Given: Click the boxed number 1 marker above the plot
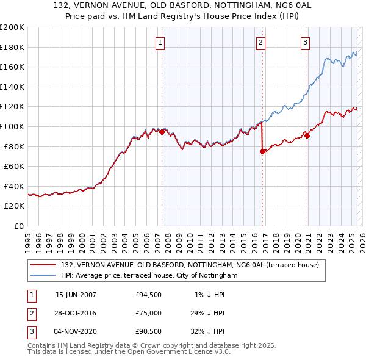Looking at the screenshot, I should (x=160, y=42).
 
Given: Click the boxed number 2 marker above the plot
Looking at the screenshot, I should (x=260, y=42).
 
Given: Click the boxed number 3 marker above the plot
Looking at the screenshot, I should (x=304, y=42).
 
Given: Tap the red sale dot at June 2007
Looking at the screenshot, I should (x=162, y=132).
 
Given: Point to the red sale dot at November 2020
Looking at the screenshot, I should (x=307, y=136).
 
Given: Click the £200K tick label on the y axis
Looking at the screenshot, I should (x=12, y=27).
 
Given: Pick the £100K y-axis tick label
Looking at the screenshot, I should (x=12, y=126).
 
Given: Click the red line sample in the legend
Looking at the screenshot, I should (x=43, y=265).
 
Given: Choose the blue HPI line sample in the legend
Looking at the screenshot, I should (x=43, y=276).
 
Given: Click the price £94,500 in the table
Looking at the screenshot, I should (x=149, y=295).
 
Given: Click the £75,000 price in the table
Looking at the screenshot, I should (x=149, y=312).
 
